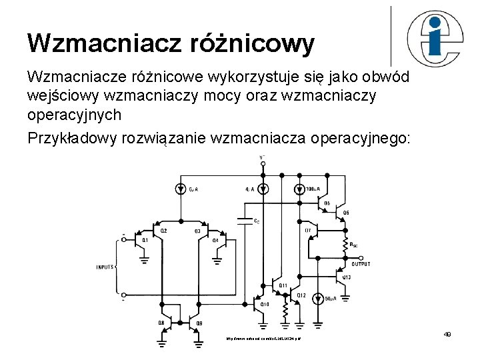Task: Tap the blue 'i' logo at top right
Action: coord(435,35)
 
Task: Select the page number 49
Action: coord(447,334)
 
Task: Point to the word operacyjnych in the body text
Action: coord(74,114)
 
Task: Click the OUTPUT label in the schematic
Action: coord(361,264)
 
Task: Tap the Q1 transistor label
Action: coord(145,240)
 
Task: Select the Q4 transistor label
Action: coord(215,240)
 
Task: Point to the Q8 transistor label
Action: coord(161,323)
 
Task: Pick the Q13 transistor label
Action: coord(347,277)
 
